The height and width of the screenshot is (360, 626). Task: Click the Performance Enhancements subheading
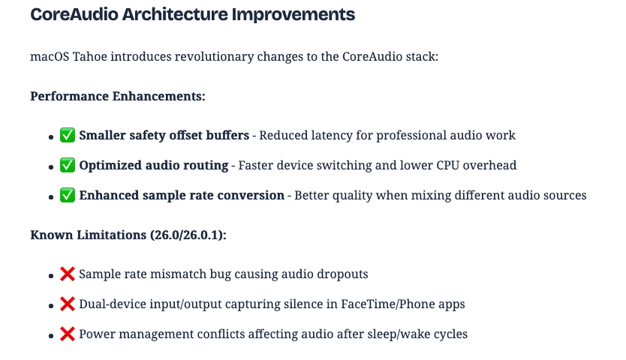pos(118,96)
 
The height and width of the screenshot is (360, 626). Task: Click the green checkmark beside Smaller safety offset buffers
pos(68,136)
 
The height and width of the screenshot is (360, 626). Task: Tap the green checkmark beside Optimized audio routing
pos(68,166)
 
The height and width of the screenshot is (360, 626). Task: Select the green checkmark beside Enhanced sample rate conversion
pos(68,196)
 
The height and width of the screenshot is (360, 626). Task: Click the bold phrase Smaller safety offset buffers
pos(164,136)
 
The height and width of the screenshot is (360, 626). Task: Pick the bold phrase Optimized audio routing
pos(153,166)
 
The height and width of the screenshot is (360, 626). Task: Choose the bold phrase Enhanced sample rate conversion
pos(182,196)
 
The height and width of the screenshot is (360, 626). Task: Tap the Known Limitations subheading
pos(87,235)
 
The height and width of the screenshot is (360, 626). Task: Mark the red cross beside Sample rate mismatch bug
pos(68,274)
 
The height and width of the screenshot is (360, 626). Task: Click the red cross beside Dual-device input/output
pos(68,304)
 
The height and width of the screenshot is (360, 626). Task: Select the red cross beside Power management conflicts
pos(68,334)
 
